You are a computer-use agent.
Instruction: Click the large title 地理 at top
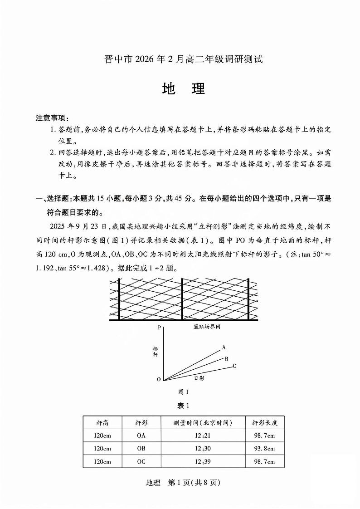[183, 89]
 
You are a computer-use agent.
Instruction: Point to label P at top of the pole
[159, 327]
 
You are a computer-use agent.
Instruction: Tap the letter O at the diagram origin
[159, 379]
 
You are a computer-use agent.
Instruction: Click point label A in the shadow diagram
[224, 347]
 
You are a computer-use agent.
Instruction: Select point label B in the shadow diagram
[226, 358]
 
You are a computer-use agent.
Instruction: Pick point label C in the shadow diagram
[234, 366]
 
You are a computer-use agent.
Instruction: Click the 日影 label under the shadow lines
[199, 377]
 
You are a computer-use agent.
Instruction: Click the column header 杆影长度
[265, 422]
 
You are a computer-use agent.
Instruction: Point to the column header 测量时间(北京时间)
[203, 422]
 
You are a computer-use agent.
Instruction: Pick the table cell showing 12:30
[203, 448]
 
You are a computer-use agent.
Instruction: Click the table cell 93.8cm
[265, 448]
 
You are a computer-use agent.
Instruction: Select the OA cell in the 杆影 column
[141, 436]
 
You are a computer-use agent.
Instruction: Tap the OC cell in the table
[141, 461]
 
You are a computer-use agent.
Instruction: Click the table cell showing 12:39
[203, 461]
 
